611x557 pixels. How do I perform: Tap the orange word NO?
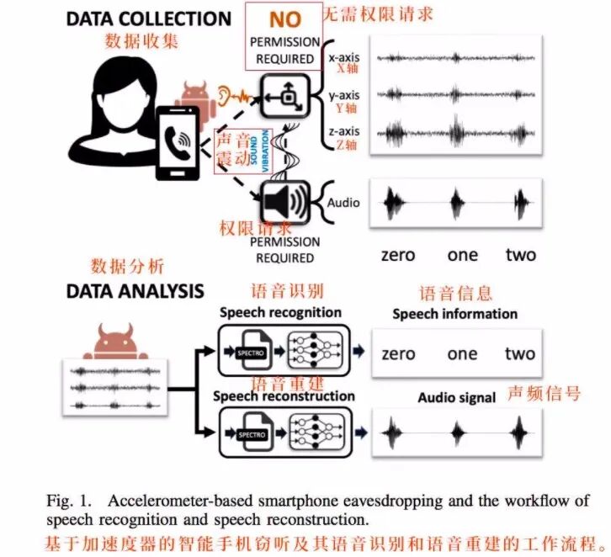pyautogui.click(x=284, y=19)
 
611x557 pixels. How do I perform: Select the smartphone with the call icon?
pyautogui.click(x=177, y=143)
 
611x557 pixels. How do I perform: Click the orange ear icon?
pyautogui.click(x=223, y=92)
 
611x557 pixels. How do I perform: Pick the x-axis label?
pyautogui.click(x=343, y=57)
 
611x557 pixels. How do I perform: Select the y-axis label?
pyautogui.click(x=343, y=95)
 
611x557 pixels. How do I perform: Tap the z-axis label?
pyautogui.click(x=343, y=131)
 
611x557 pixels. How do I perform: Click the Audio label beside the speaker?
pyautogui.click(x=343, y=203)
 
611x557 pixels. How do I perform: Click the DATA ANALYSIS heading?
pyautogui.click(x=135, y=291)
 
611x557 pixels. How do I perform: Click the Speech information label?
pyautogui.click(x=454, y=314)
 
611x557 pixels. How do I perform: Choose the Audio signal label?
pyautogui.click(x=456, y=397)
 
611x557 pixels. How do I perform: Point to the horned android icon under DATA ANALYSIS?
pyautogui.click(x=106, y=341)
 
